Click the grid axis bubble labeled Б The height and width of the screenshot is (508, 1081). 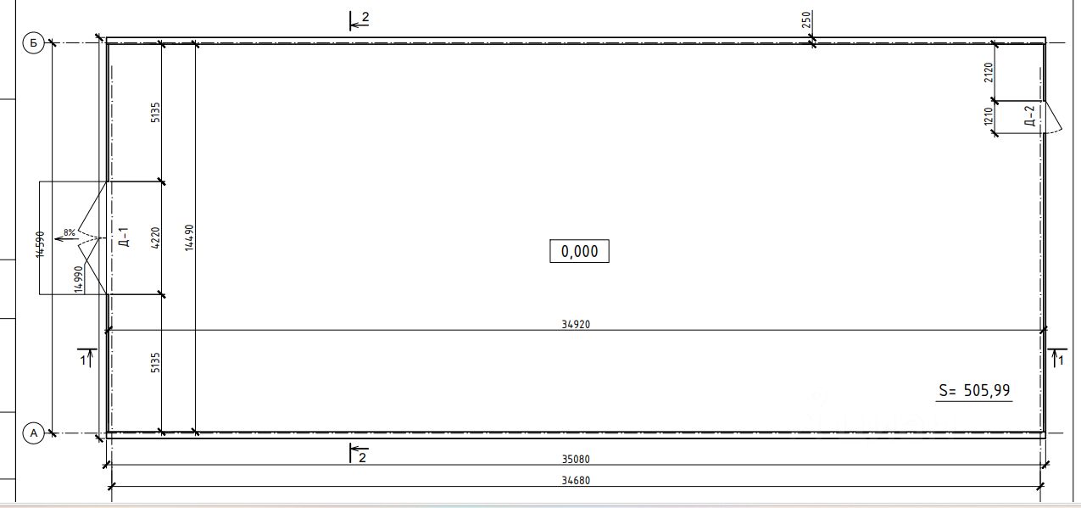[33, 43]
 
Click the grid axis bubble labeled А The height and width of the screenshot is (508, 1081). [33, 433]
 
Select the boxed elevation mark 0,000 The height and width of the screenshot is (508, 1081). [579, 251]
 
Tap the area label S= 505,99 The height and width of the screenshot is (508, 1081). [974, 390]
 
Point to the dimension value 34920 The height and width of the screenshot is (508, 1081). [576, 325]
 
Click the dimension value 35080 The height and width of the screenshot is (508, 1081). [576, 459]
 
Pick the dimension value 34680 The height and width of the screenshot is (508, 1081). [576, 481]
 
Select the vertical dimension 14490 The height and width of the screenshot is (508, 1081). [189, 237]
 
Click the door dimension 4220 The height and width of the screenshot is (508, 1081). [155, 238]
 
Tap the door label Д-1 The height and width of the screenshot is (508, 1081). [124, 237]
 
